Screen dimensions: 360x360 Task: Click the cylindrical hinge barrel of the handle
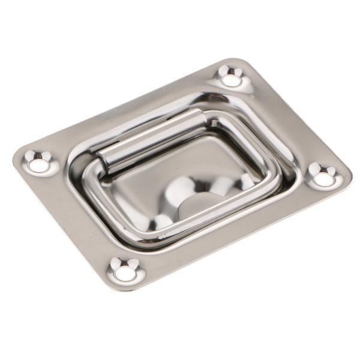tap(150, 137)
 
